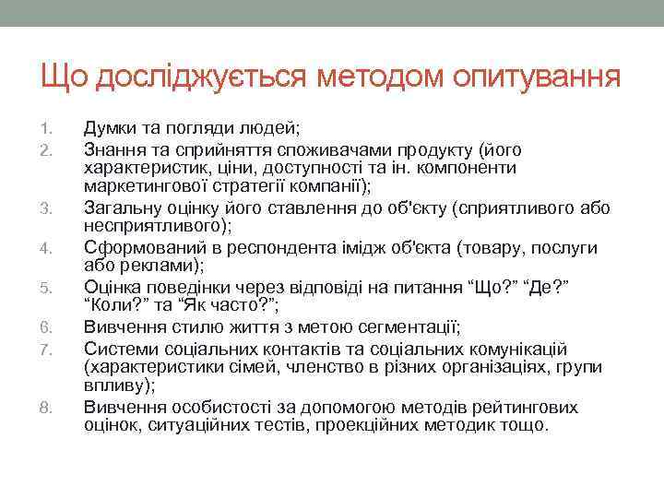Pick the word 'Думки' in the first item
tap(113, 127)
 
